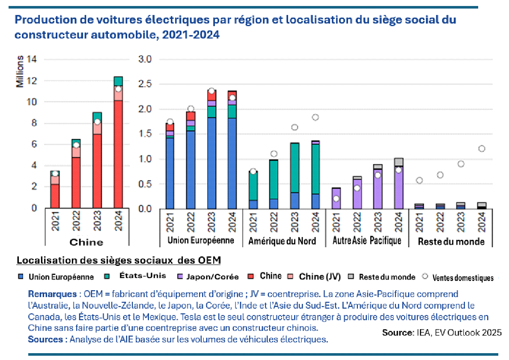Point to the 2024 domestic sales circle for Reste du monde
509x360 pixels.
(482, 149)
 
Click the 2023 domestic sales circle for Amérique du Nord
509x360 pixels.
(295, 127)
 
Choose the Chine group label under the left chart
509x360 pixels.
(86, 242)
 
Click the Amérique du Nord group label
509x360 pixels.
(282, 241)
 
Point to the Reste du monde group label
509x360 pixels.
(451, 241)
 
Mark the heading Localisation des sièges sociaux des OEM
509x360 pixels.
(119, 261)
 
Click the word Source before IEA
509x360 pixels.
(396, 333)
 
